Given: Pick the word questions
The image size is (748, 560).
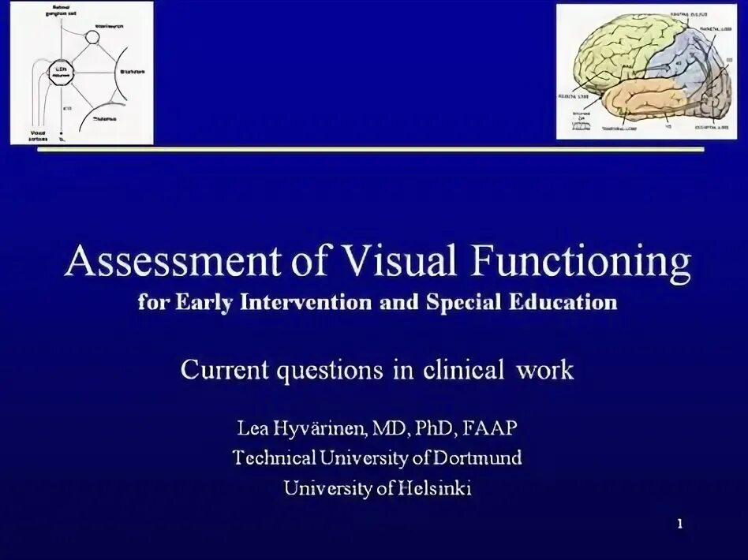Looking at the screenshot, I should [336, 370].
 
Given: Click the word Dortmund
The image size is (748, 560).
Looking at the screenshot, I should [477, 458].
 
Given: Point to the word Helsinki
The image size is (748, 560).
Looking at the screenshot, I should [435, 488].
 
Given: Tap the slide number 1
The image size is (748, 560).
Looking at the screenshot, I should [680, 524].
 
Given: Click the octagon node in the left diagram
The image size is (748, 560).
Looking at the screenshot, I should [60, 75].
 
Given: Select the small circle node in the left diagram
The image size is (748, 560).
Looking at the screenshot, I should [93, 35].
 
